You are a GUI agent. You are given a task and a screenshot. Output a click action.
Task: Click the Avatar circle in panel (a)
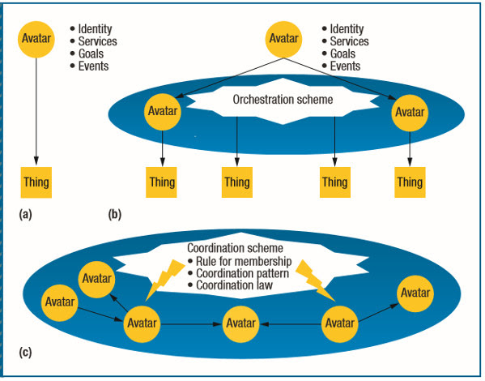[x=36, y=40]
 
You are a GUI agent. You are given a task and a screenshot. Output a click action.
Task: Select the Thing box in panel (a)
[x=36, y=182]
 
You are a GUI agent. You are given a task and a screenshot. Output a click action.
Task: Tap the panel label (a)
[x=25, y=214]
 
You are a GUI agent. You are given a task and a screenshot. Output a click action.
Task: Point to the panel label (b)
[x=115, y=214]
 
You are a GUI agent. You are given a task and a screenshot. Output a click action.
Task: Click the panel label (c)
[x=25, y=353]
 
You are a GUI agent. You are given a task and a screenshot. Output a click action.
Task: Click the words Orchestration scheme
[x=283, y=100]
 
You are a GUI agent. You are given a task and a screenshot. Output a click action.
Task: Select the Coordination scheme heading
[x=235, y=248]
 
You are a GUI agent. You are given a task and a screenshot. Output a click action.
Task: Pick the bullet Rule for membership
[x=240, y=261]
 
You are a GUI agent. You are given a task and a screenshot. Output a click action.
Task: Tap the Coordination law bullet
[x=231, y=285]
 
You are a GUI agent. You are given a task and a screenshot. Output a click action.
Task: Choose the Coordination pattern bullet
[x=239, y=273]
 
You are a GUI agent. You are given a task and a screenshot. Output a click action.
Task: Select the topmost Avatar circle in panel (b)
[x=283, y=40]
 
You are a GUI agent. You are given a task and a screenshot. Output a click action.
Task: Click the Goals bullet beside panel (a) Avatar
[x=87, y=54]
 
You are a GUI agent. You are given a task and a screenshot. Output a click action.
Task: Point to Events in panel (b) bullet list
[x=341, y=66]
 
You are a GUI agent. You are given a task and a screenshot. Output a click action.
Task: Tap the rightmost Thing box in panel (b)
[x=410, y=182]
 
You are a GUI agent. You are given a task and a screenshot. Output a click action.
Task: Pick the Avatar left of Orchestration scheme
[x=163, y=112]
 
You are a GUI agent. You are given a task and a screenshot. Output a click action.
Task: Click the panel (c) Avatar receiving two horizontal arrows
[x=240, y=324]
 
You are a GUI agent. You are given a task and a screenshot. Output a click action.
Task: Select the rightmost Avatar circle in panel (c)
[x=415, y=293]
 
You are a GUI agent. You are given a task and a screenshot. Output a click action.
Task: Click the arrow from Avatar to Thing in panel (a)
[x=36, y=112]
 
